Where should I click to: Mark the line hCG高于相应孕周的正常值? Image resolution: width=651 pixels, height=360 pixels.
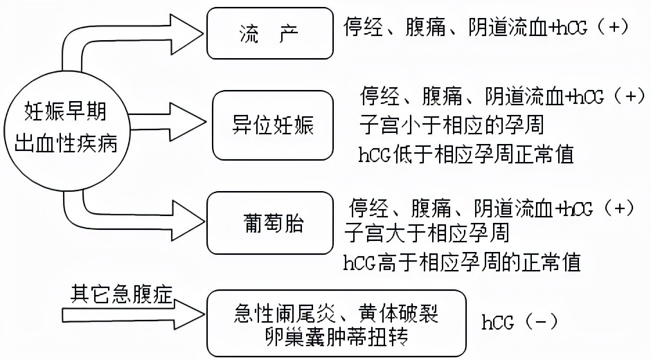462,262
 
